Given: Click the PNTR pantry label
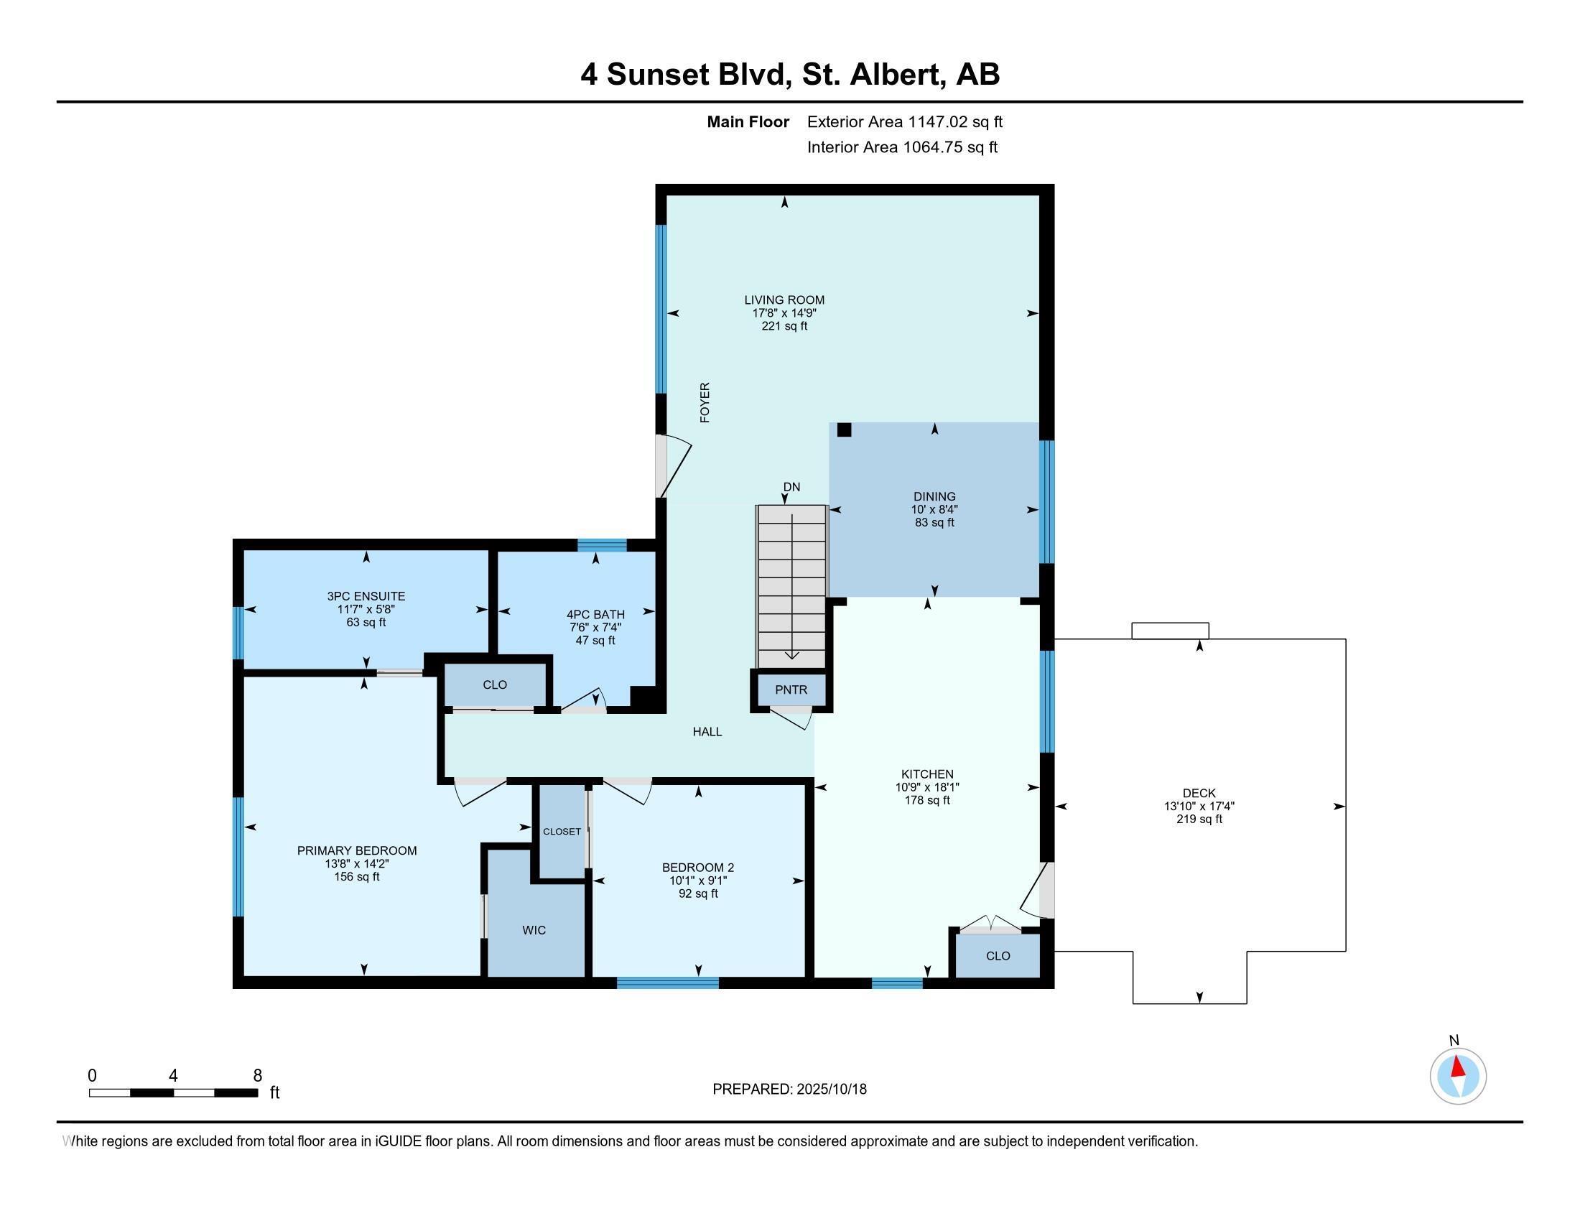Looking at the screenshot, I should click(791, 690).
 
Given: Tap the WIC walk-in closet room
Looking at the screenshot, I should click(534, 930).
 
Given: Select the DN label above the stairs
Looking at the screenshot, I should click(791, 487).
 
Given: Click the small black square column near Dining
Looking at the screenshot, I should click(844, 430).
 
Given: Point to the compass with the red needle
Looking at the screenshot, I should click(1458, 1077).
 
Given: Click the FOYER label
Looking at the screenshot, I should click(705, 403).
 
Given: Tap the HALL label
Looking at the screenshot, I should click(707, 731).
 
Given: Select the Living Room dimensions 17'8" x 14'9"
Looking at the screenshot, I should click(784, 313).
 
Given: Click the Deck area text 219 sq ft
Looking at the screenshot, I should click(1199, 820).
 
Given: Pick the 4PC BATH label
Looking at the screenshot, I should click(595, 615).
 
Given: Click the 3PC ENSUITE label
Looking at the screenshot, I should click(366, 596).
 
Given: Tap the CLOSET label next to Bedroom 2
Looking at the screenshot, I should click(562, 831).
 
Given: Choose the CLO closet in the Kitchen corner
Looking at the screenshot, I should click(998, 955).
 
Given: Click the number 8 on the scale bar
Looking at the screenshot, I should click(258, 1076).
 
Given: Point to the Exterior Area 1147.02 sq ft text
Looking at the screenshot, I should click(904, 121).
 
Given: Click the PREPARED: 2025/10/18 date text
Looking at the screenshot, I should click(789, 1089).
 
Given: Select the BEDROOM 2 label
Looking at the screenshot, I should click(697, 868).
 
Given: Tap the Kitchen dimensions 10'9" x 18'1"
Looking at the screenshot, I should click(926, 787).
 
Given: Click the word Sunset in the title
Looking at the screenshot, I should click(657, 75).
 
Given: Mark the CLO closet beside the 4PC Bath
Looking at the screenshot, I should click(495, 684).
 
